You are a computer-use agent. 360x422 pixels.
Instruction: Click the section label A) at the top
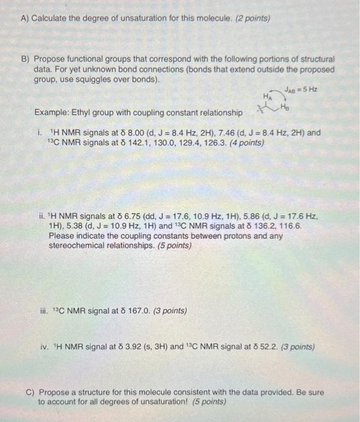25,18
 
